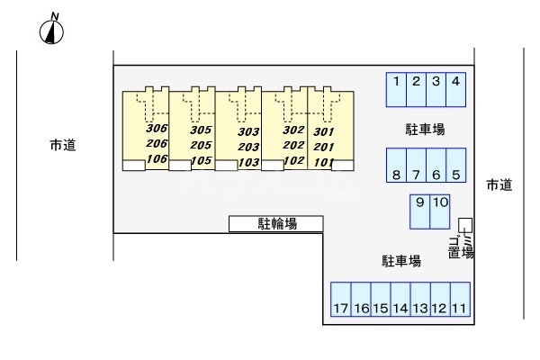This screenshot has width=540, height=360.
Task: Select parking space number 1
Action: [396, 88]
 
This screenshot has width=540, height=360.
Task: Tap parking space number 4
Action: [456, 88]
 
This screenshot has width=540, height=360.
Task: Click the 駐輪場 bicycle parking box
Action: [276, 223]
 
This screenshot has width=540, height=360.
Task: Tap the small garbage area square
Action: [464, 224]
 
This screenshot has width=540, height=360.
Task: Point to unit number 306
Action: [157, 129]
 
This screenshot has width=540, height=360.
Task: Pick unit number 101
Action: [325, 162]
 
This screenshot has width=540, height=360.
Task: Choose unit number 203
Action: [248, 147]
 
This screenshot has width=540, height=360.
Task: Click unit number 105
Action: [201, 161]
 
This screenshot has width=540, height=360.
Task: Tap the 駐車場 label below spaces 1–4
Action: [425, 130]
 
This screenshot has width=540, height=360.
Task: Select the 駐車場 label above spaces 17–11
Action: [401, 261]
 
